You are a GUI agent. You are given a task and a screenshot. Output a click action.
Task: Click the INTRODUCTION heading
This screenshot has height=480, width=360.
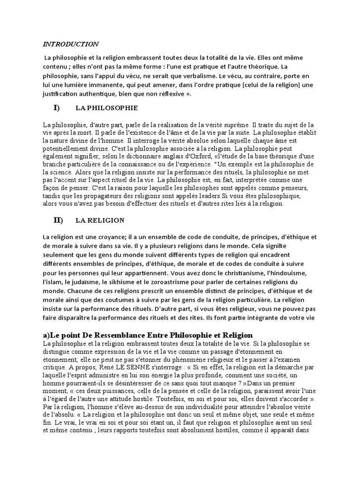[71, 44]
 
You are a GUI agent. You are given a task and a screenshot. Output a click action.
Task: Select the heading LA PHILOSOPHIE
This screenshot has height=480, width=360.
[106, 108]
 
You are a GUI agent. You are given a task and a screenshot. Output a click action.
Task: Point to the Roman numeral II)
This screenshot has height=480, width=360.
[58, 220]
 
